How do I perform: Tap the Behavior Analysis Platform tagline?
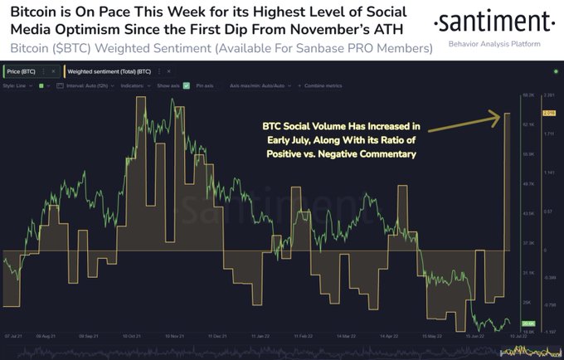tap(494, 42)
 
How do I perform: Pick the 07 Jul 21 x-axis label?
tap(14, 337)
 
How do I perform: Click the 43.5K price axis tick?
tap(526, 214)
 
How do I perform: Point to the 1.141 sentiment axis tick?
tap(549, 173)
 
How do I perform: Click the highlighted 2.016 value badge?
tap(549, 113)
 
